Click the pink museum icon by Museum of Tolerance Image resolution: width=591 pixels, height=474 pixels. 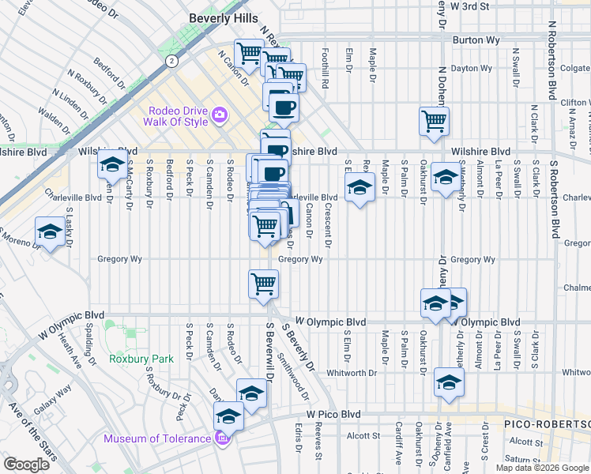tap(224, 438)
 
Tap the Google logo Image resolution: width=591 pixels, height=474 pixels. tap(26, 465)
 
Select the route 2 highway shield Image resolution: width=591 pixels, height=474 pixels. tap(170, 60)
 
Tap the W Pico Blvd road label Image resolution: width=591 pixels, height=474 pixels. tap(333, 414)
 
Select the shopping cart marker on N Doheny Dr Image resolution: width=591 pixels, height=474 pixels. tap(434, 121)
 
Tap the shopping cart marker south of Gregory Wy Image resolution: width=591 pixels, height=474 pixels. tap(262, 284)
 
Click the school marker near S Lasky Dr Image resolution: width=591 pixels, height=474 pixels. tap(51, 231)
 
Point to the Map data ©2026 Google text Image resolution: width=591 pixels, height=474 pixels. tap(542, 468)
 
